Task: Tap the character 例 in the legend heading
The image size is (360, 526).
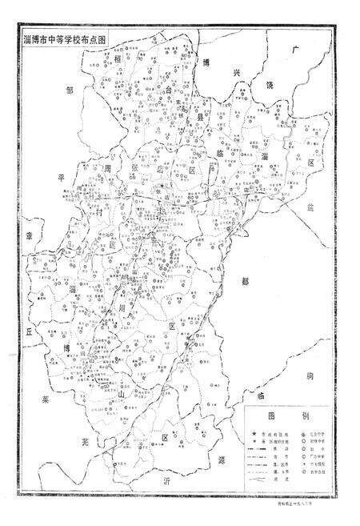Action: coord(308,417)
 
